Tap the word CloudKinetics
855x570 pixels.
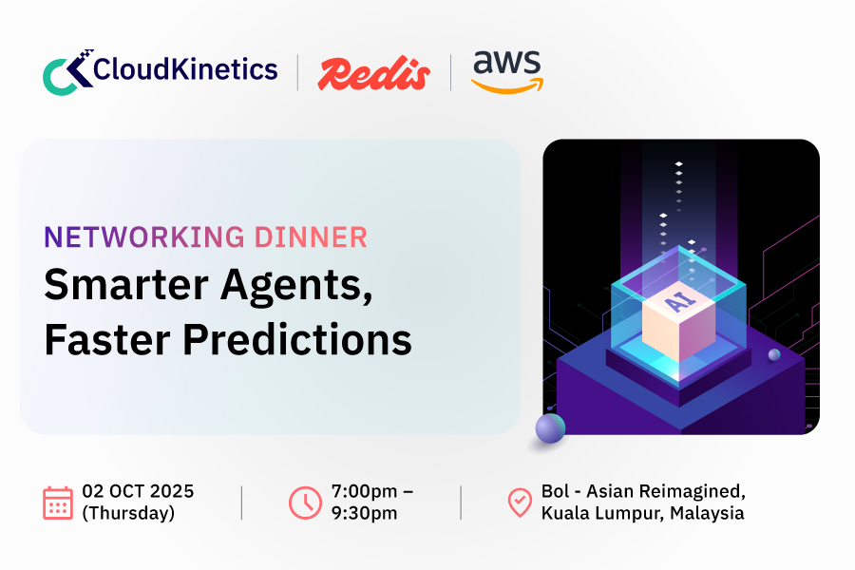pos(186,69)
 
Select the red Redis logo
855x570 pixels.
pos(373,72)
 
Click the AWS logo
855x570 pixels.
pos(506,71)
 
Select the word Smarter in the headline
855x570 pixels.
pos(114,287)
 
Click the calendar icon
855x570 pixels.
pos(58,503)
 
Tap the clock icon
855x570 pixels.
pos(305,503)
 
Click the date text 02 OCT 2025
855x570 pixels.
pos(138,491)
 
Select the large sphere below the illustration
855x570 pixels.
pos(549,429)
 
